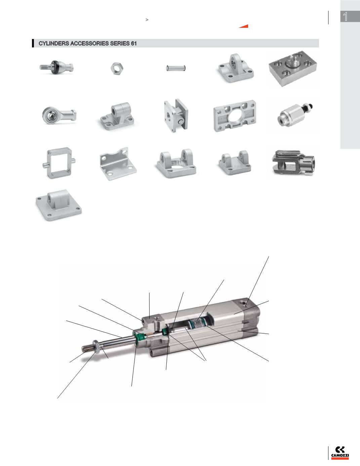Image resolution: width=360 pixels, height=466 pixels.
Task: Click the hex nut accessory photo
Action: pos(117,68)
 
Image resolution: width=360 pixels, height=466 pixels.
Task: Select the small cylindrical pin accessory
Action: pos(176,68)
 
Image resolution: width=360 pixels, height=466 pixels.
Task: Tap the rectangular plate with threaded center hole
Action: pos(293,68)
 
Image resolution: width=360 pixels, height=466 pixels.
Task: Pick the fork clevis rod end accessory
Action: pos(293,163)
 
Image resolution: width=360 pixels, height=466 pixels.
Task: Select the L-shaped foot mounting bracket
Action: pos(118,164)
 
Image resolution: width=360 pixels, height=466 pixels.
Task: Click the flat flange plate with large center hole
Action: pos(235,116)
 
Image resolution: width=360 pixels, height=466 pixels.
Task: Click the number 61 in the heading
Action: pos(134,43)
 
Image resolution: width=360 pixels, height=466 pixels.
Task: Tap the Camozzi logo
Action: pos(340,453)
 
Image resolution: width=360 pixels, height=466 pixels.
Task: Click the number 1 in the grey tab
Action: pos(345,16)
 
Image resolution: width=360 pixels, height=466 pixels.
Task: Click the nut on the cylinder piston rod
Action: pos(96,344)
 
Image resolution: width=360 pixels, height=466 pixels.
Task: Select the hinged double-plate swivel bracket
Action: pos(176,115)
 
